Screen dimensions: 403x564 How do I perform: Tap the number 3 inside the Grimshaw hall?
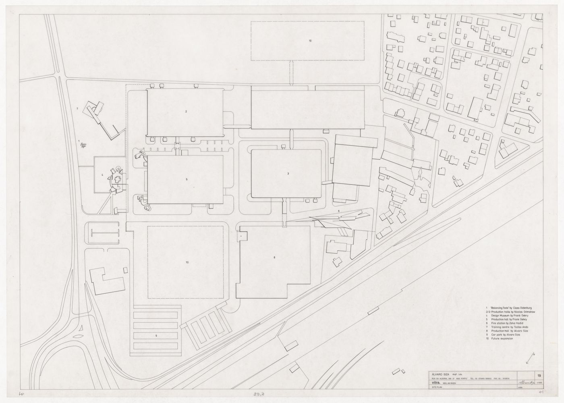[288, 174]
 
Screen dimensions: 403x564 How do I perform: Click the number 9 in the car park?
[157, 335]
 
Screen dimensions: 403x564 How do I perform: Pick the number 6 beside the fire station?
[339, 211]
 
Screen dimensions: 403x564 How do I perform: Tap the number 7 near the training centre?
[77, 110]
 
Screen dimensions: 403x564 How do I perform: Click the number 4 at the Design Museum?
[103, 174]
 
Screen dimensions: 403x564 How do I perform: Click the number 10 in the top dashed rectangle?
[310, 41]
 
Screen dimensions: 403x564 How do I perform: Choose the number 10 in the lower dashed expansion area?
[187, 262]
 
